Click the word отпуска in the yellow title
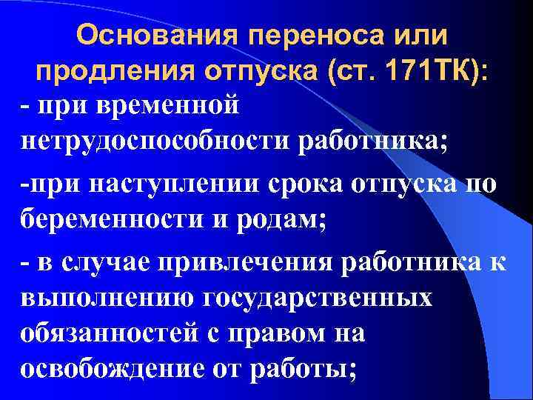255,72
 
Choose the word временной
170,104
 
